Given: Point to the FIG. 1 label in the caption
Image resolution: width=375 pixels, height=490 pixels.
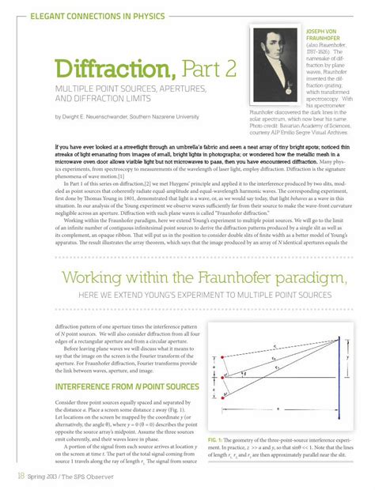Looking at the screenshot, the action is click(218, 438).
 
